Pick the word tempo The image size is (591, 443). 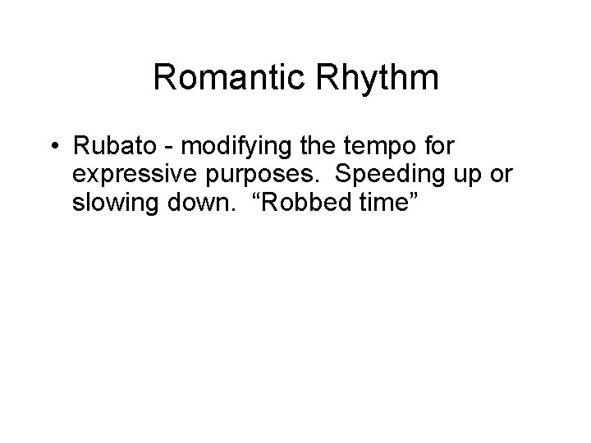[390, 148]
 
